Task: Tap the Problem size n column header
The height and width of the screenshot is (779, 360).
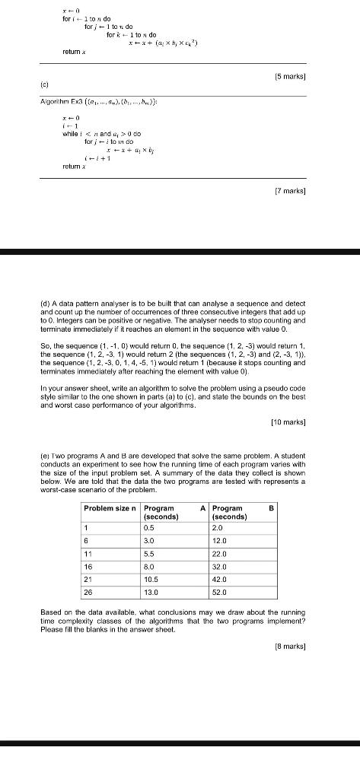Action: pos(109,508)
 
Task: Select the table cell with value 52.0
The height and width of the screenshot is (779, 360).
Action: pos(219,591)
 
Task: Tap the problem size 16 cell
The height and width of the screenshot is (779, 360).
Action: pos(88,565)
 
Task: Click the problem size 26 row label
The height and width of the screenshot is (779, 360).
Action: pos(88,591)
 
